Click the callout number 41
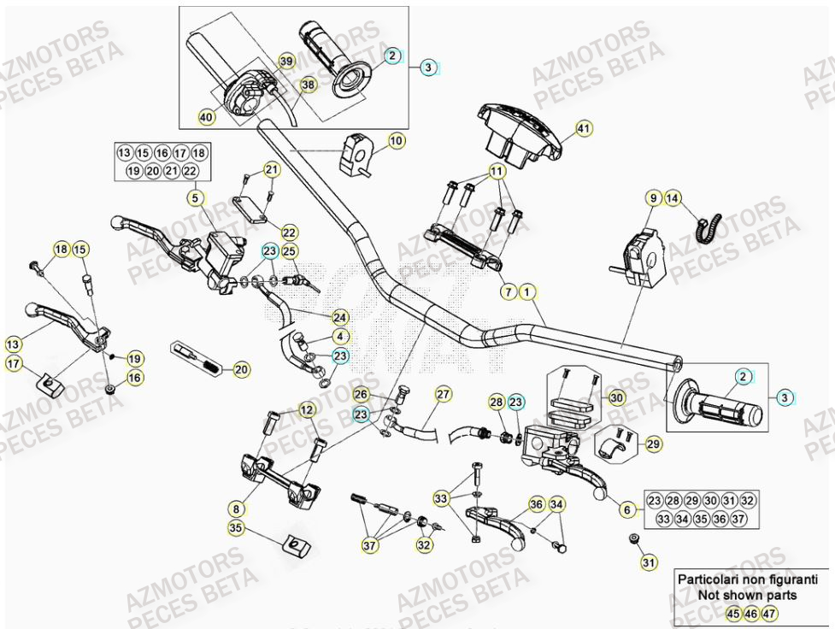click(x=584, y=129)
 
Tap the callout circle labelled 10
click(x=397, y=139)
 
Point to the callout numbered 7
click(x=508, y=291)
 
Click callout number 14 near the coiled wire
click(x=673, y=198)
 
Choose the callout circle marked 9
click(x=653, y=198)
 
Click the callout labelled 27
click(x=442, y=394)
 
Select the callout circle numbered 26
click(x=362, y=394)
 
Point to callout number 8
click(x=235, y=508)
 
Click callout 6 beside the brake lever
click(x=627, y=509)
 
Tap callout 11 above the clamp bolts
click(x=496, y=172)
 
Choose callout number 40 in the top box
click(x=206, y=116)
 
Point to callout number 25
click(x=290, y=251)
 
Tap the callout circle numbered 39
click(x=286, y=61)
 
